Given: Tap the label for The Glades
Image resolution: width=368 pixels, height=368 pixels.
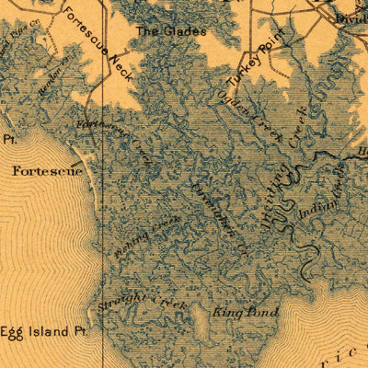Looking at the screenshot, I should (172, 30).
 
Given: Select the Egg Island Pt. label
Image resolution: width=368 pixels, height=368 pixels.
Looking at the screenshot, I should (43, 331).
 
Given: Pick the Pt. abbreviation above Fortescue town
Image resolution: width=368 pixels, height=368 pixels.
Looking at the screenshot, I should (10, 141).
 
